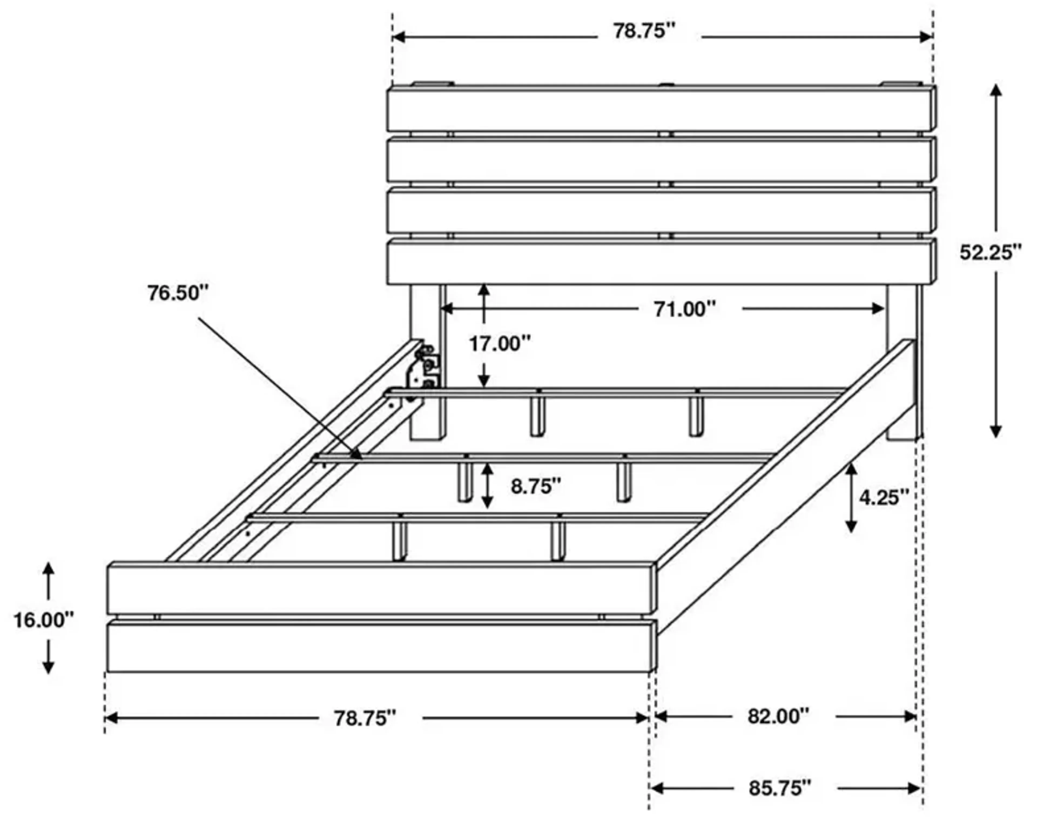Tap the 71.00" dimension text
click(x=684, y=309)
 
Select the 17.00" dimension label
click(x=500, y=344)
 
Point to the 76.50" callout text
click(x=178, y=293)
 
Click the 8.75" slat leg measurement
click(x=535, y=486)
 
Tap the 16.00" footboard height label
click(x=43, y=620)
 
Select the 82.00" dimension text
click(x=778, y=716)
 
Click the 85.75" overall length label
click(x=779, y=788)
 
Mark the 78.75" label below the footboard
click(x=365, y=718)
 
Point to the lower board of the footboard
click(x=380, y=647)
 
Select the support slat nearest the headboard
click(x=616, y=393)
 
